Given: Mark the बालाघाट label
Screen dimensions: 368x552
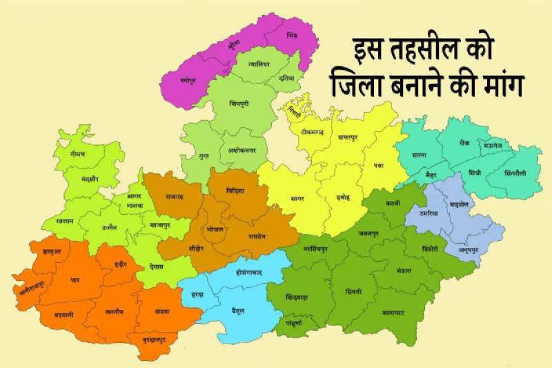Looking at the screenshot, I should tap(393, 312).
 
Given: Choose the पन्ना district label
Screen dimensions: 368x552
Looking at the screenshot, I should tap(379, 166).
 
